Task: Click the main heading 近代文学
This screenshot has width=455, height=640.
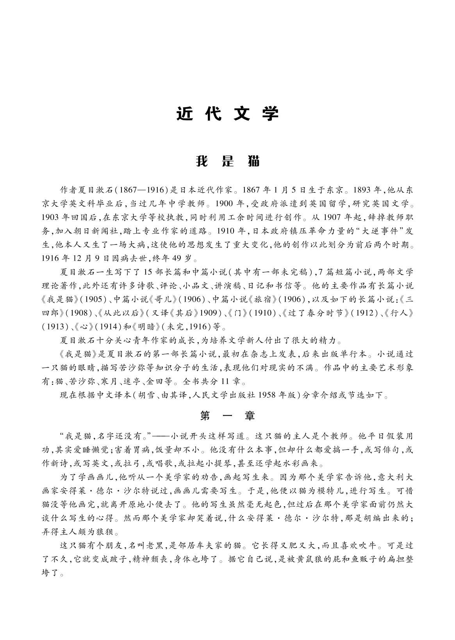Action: click(227, 113)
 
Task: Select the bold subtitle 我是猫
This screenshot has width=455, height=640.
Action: click(227, 161)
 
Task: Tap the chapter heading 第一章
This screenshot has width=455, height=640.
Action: click(227, 416)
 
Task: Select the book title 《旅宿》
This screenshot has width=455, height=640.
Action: click(263, 299)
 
